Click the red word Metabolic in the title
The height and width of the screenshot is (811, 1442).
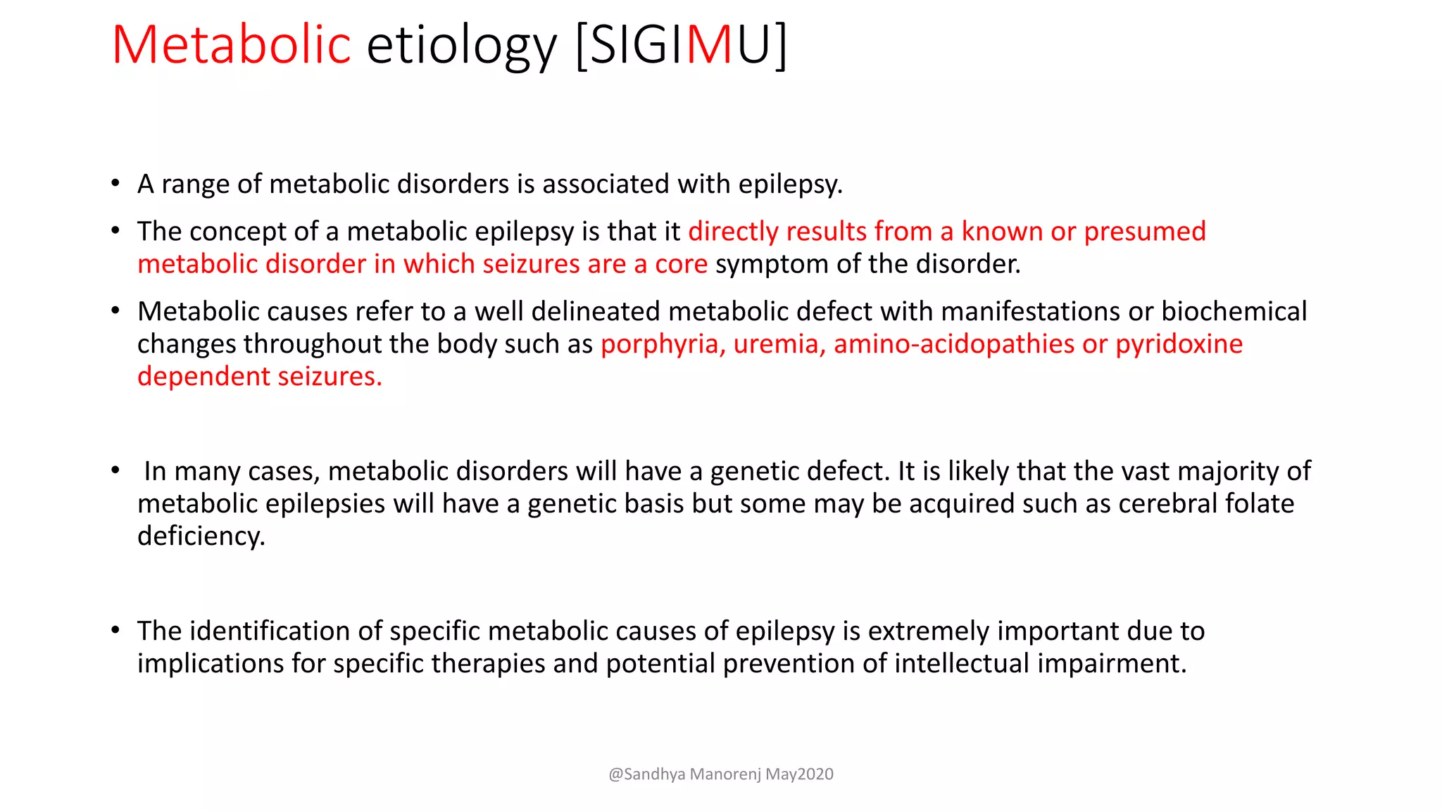(x=231, y=45)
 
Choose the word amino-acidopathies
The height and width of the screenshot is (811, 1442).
(x=953, y=344)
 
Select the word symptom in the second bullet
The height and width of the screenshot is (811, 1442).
(x=767, y=264)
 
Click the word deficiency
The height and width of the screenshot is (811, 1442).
(x=201, y=536)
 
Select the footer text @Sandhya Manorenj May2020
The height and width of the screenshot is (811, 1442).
(x=720, y=774)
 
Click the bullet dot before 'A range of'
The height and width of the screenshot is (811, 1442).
(x=115, y=184)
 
